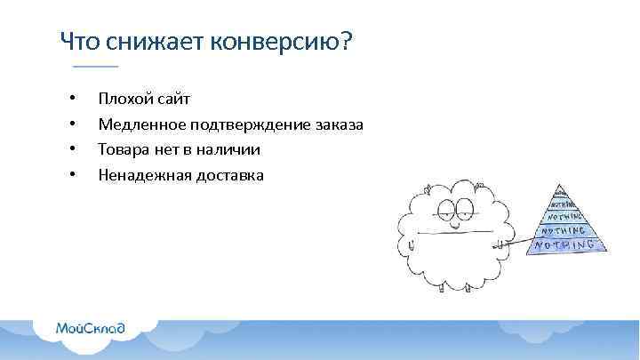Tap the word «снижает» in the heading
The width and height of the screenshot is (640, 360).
pos(154,42)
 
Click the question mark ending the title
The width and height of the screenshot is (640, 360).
pos(347,42)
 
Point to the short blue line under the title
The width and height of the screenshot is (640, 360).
pos(95,67)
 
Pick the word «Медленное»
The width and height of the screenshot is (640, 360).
pos(138,124)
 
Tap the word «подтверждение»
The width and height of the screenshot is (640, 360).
pos(244,124)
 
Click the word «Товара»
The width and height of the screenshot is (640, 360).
pos(122,149)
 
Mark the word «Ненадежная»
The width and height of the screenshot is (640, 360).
pos(141,175)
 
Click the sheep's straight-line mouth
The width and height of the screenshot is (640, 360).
pos(455,232)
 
